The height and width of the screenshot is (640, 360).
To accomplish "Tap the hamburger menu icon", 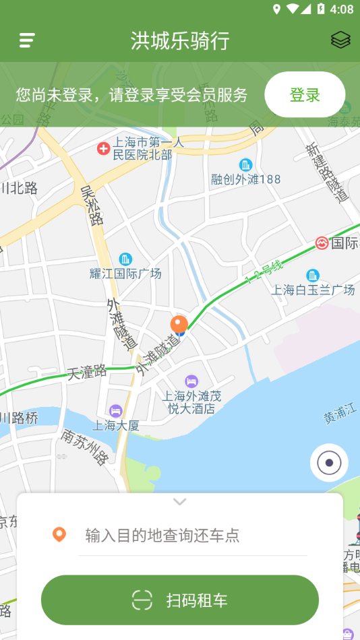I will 27,40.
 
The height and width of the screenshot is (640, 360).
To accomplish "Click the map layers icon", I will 340,40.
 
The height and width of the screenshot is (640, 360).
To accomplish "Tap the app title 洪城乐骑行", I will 180,40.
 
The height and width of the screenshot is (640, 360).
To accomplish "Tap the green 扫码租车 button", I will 180,600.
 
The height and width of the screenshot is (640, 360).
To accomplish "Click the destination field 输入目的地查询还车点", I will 192,536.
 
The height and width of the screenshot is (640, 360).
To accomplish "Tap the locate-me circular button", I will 329,463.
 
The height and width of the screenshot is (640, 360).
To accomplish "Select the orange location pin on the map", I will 179,325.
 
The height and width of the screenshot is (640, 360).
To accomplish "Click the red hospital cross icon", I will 103,148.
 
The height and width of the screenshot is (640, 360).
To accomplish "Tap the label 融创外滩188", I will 245,179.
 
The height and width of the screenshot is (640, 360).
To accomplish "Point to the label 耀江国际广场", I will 125,274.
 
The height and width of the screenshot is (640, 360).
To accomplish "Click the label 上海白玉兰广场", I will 313,290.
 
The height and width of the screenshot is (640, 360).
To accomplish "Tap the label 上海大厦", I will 116,425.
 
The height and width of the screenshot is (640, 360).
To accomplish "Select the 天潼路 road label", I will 87,371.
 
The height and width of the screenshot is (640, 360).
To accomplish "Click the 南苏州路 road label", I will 85,447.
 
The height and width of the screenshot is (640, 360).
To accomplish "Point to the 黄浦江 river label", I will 341,415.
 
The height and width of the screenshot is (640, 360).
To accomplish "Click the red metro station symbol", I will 322,243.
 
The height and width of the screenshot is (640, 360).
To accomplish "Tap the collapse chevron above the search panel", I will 179,501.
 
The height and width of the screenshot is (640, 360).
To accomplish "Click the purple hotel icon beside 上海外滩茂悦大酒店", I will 191,381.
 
